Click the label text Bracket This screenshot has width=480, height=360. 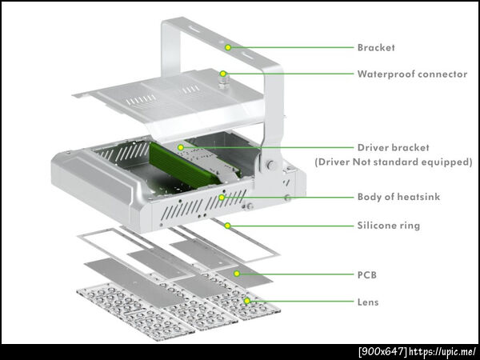click(x=376, y=47)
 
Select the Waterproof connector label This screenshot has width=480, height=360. click(x=412, y=74)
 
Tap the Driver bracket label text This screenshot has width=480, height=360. click(x=394, y=147)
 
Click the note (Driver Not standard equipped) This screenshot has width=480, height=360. click(x=394, y=162)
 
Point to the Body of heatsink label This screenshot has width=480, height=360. click(x=398, y=197)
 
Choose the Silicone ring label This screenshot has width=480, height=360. click(x=389, y=226)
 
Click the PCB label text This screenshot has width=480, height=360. click(x=367, y=275)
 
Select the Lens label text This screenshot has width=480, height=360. click(x=368, y=302)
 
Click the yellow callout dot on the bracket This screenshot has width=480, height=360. click(x=228, y=47)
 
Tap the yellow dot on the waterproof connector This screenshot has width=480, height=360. click(x=223, y=74)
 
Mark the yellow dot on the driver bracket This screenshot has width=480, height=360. click(x=181, y=147)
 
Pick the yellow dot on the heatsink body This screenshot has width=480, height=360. click(x=222, y=198)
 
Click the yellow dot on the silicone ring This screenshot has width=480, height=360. click(x=227, y=226)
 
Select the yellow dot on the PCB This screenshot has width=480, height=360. click(x=237, y=274)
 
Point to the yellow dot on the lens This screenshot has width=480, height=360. click(x=246, y=301)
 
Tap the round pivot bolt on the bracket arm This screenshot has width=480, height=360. click(x=270, y=165)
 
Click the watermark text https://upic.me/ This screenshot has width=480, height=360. click(x=442, y=351)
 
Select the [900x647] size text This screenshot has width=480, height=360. click(x=383, y=351)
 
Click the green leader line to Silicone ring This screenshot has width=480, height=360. click(x=290, y=226)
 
